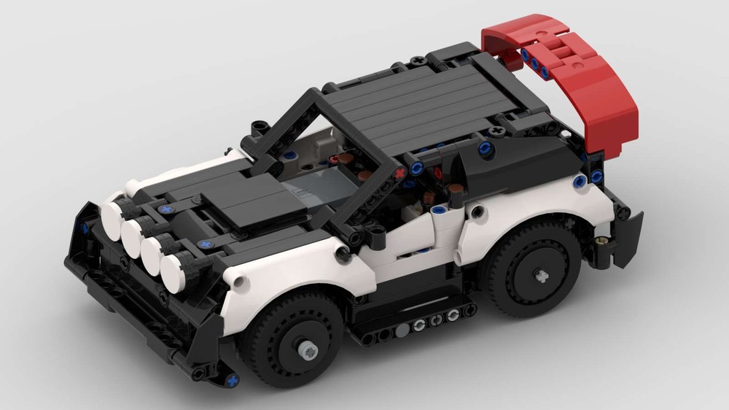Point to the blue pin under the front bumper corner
231,380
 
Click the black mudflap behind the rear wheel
627,233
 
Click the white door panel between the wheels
408,263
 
